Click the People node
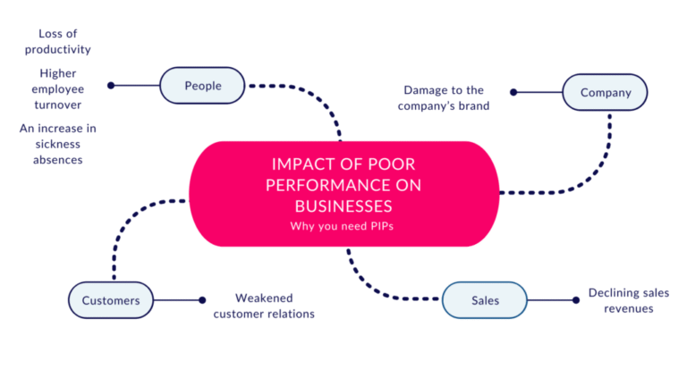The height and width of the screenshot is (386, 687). click(x=202, y=86)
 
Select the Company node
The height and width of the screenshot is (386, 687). click(x=605, y=92)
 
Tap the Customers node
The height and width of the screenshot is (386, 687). click(x=111, y=300)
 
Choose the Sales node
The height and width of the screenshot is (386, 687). click(x=485, y=300)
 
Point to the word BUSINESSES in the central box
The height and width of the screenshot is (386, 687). click(x=343, y=206)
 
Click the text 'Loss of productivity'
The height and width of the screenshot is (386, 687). click(x=58, y=41)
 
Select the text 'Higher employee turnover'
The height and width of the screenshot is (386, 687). click(x=58, y=89)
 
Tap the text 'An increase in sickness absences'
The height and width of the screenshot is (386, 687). click(x=58, y=144)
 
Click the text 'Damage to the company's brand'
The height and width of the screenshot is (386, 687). click(x=443, y=98)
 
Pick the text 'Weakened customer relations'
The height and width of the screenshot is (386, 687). click(x=264, y=306)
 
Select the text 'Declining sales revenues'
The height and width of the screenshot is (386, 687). click(x=628, y=300)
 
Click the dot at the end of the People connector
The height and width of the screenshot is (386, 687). click(x=111, y=86)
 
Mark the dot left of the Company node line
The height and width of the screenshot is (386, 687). click(x=513, y=92)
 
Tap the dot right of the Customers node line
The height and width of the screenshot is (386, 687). click(x=202, y=300)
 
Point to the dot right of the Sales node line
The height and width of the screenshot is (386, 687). click(x=572, y=300)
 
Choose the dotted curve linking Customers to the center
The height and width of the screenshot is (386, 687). click(x=125, y=223)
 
